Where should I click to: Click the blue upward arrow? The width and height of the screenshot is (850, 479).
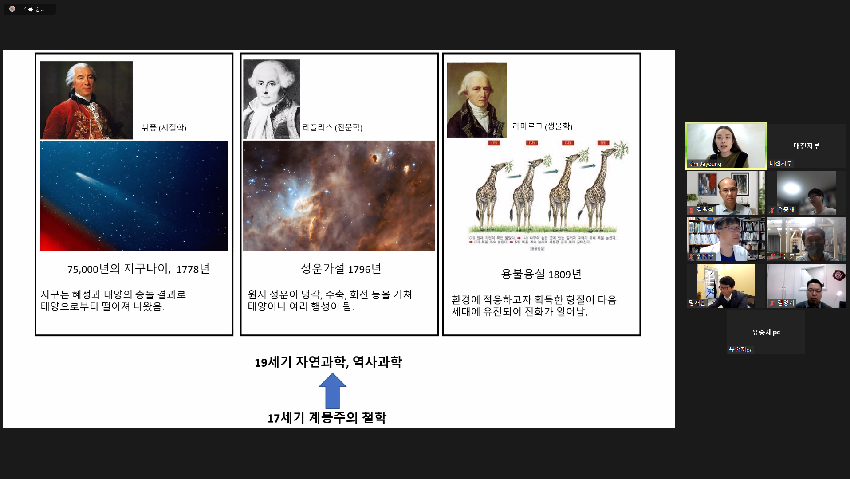pos(332,391)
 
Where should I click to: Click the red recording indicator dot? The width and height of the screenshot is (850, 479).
pos(12,9)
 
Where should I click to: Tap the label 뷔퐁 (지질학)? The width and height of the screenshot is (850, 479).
pos(164,128)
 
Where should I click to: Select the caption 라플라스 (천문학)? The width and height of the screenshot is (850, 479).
pos(332,128)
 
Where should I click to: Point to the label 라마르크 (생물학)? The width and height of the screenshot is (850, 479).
pos(542,126)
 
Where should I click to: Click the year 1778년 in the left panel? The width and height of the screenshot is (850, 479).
pos(193,269)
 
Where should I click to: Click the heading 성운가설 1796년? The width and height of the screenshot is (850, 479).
pos(341,269)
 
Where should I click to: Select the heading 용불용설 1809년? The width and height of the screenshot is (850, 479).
pos(541,274)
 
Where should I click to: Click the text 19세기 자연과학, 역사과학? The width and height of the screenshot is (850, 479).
pos(328,362)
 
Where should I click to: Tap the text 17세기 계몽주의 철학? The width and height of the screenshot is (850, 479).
pos(327,418)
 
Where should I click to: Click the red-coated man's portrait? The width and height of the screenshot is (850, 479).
pos(87,100)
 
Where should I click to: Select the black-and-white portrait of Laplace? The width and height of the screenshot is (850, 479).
pos(272,99)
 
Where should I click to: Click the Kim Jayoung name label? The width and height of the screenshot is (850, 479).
pos(704,164)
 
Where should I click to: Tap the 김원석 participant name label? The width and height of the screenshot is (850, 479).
pos(704,210)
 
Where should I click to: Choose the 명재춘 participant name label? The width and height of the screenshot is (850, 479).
pos(697,303)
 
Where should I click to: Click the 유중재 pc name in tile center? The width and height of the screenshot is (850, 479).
pos(766,332)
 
